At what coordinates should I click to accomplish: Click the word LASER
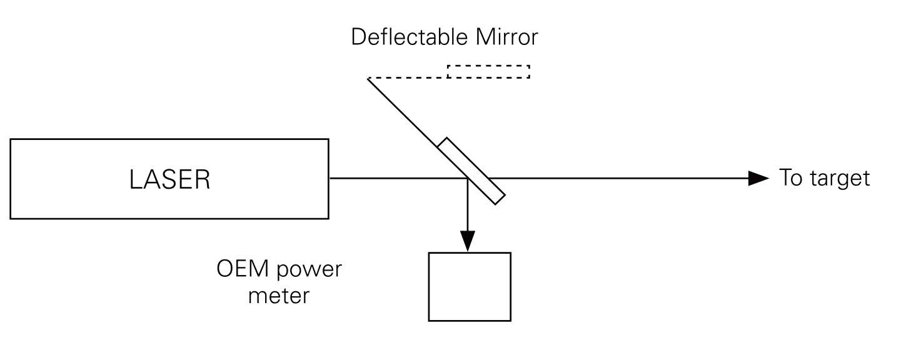(x=169, y=180)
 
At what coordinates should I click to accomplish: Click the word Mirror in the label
(x=506, y=37)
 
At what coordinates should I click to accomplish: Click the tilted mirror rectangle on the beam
(x=471, y=171)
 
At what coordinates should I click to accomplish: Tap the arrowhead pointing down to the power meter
(x=468, y=241)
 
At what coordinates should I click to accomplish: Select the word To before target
(x=791, y=179)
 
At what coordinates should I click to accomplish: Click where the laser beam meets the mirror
(x=468, y=179)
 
